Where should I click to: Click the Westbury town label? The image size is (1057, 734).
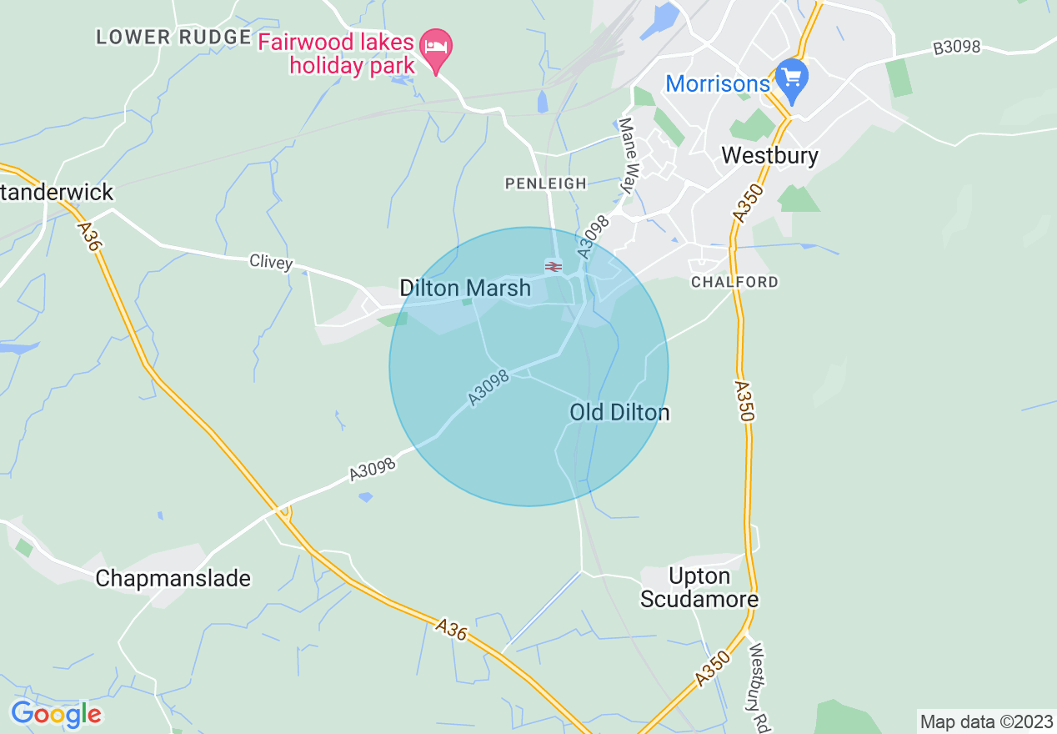coord(769,155)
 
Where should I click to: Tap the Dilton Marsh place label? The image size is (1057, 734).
coord(465,289)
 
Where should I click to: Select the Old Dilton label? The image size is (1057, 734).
coord(619,412)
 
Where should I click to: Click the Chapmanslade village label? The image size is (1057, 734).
coord(173,578)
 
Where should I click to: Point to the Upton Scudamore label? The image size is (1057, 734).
coord(699,588)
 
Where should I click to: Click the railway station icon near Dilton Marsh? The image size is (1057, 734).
coord(553,266)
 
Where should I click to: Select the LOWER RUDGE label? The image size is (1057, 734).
coord(173,37)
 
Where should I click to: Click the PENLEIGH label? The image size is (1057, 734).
coord(546,183)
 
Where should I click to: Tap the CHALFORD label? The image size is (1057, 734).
coord(734,282)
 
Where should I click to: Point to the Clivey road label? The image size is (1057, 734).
coord(271,262)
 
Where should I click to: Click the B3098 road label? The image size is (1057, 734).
coord(956,48)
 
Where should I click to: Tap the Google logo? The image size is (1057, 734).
coord(56,714)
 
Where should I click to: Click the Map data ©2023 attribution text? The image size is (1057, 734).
coord(986,721)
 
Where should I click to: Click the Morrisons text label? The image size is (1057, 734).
coord(718,83)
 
